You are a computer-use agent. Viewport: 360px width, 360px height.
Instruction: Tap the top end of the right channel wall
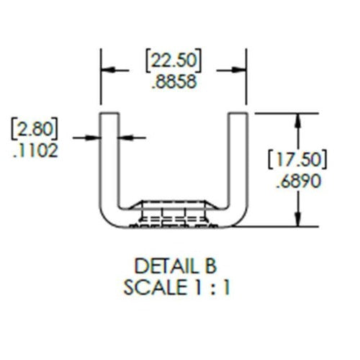click(238, 114)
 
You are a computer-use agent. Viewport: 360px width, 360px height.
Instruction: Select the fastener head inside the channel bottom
click(173, 212)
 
